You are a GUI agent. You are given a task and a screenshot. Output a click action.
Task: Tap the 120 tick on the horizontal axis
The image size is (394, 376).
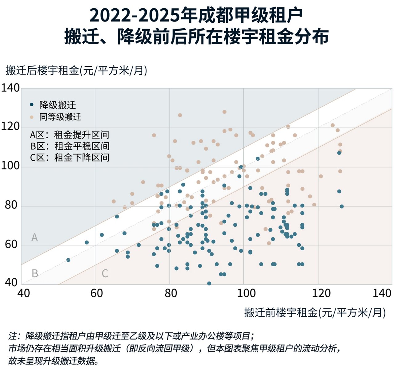tap(321, 293)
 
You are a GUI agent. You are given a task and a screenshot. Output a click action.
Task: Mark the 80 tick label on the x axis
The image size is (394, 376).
tap(171, 293)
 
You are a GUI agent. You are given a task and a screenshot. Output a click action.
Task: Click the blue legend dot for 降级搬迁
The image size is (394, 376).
tap(32, 105)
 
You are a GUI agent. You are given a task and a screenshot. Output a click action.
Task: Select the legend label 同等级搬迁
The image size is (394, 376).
tap(60, 117)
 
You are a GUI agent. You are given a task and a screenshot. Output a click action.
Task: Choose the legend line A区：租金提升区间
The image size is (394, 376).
tap(70, 135)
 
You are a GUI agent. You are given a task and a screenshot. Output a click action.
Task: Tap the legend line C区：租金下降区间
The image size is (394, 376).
tap(70, 158)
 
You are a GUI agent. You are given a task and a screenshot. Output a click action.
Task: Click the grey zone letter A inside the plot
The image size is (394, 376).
tap(34, 237)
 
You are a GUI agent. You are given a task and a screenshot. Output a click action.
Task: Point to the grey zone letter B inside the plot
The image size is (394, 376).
tap(35, 273)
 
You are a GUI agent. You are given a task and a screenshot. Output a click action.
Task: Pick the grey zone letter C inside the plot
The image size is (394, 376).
tap(105, 273)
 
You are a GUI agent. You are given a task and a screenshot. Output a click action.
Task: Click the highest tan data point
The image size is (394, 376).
tap(224, 112)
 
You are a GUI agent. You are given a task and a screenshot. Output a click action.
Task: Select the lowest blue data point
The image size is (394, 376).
tap(209, 283)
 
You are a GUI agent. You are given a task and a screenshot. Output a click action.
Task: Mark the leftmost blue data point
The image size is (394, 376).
tap(68, 260)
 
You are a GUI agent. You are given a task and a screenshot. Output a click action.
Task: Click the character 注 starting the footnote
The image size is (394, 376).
tap(13, 336)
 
